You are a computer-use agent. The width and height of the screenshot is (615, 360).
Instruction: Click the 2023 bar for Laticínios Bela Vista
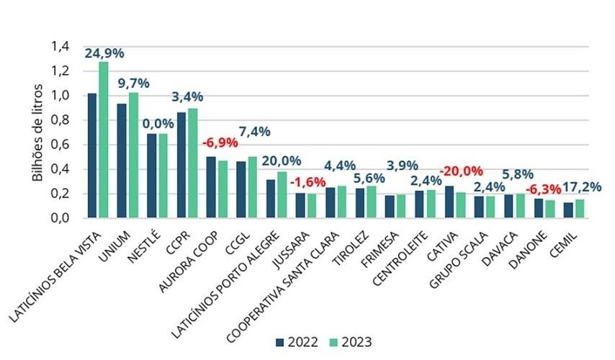(x=103, y=140)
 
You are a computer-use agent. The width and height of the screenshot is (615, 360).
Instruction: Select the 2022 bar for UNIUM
(x=122, y=161)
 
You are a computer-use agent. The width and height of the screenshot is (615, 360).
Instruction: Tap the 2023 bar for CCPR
(x=192, y=163)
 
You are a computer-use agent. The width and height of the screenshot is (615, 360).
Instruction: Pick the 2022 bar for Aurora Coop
(x=211, y=187)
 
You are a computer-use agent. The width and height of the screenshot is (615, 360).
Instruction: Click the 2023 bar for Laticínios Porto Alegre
(x=282, y=194)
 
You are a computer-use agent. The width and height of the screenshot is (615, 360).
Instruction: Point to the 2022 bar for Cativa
(x=449, y=202)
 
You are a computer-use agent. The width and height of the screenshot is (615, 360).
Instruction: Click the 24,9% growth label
(x=103, y=53)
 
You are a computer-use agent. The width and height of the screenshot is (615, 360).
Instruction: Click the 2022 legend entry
(x=297, y=341)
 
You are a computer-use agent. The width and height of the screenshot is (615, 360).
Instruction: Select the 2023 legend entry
(x=352, y=341)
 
